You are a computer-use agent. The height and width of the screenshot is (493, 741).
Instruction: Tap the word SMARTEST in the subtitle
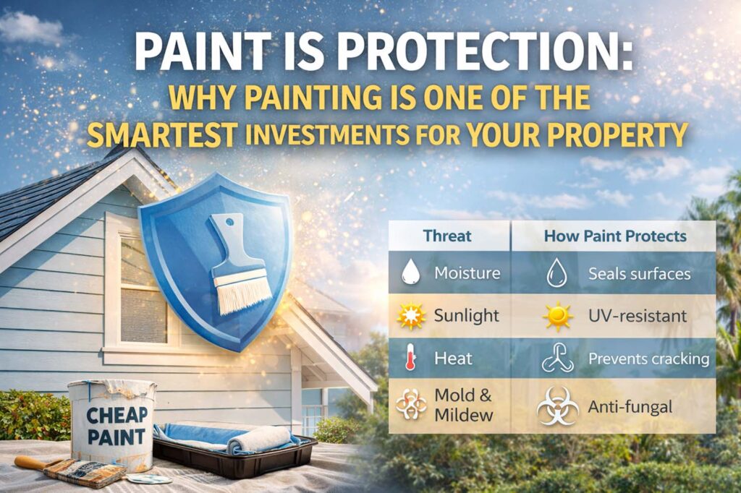click(162, 134)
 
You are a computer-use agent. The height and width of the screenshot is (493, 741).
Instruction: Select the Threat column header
click(447, 236)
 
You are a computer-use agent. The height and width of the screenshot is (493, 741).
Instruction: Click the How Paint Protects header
click(615, 236)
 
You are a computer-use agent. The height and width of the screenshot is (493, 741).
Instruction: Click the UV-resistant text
click(637, 316)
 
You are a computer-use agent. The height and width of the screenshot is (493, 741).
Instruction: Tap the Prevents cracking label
click(648, 359)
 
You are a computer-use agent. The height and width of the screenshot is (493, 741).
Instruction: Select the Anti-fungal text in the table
click(630, 406)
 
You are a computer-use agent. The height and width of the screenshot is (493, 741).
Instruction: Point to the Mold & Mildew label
click(463, 405)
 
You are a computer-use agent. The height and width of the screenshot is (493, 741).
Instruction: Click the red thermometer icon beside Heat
click(410, 357)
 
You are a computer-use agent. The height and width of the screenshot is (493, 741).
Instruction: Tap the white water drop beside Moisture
click(411, 273)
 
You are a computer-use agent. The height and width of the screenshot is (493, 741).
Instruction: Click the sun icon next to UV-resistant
click(558, 316)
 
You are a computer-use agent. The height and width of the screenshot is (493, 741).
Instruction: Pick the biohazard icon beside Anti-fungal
click(558, 406)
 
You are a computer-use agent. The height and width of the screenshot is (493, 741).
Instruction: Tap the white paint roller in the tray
click(258, 440)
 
